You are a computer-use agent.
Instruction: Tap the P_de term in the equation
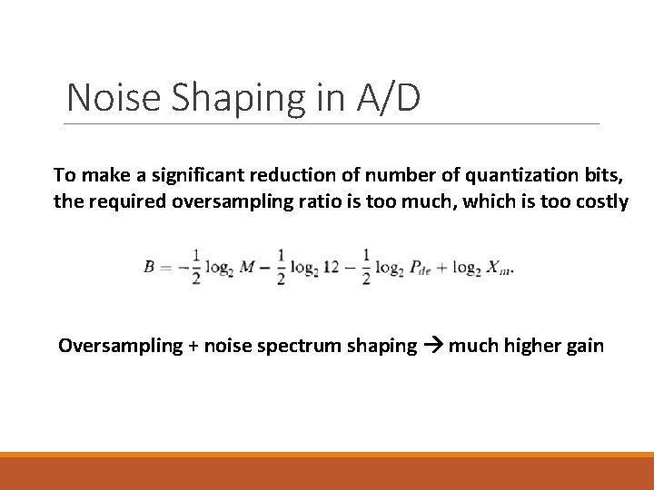click(x=421, y=268)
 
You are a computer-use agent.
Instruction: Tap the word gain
click(x=585, y=347)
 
